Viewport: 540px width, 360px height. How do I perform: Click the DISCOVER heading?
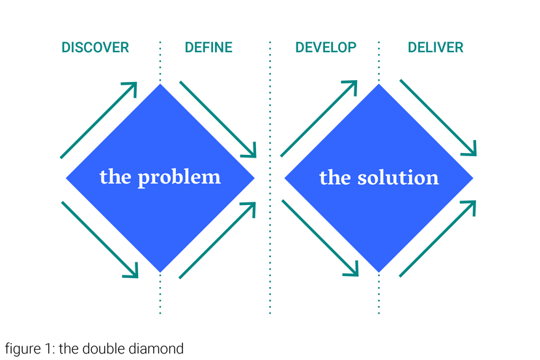tap(95, 48)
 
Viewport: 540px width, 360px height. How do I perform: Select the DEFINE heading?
tap(208, 48)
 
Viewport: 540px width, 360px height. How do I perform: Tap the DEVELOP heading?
tap(326, 48)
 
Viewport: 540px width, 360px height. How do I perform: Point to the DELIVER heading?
tap(436, 48)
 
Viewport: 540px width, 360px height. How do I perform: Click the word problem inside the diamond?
tap(179, 178)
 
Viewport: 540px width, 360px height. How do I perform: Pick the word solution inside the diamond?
tap(398, 178)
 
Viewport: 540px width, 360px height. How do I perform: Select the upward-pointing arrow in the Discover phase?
tap(99, 120)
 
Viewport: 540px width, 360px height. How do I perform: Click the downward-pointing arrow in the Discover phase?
tap(100, 240)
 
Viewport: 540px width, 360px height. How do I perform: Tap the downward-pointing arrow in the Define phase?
tap(218, 119)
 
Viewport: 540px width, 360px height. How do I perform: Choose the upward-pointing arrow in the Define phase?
tap(218, 240)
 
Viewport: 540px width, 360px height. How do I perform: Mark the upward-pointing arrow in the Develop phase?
tap(319, 118)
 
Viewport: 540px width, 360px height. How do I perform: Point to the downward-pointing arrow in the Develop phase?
tap(320, 238)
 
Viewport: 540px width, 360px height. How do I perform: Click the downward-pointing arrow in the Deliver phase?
tap(438, 118)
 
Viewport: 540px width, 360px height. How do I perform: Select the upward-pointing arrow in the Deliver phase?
tap(438, 238)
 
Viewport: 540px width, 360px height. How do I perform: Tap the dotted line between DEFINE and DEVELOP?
tap(270, 178)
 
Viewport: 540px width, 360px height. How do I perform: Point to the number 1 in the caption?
tap(48, 349)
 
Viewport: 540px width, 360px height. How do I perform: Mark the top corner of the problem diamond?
tap(160, 84)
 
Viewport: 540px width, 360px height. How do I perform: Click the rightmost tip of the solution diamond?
tap(473, 178)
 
